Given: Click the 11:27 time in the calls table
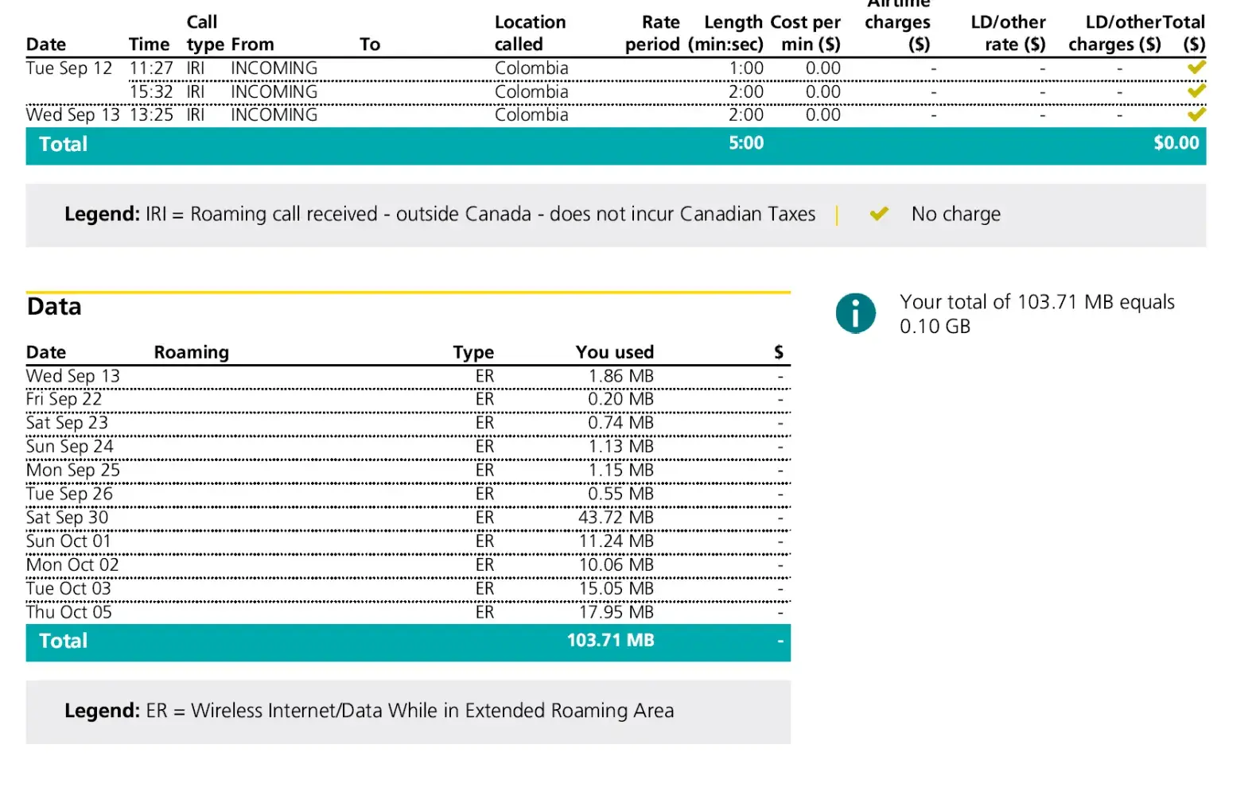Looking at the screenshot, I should point(151,68).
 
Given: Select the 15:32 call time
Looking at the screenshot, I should point(151,92).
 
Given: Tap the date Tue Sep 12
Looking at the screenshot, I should point(69,68).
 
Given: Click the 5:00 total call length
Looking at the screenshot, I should point(745,143).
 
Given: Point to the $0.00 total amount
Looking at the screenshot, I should point(1176,143).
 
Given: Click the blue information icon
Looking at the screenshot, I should point(855,313).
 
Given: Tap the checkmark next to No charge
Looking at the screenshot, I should point(878,214).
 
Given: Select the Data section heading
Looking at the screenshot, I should point(54,307).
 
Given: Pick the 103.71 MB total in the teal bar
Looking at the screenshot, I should point(610,641).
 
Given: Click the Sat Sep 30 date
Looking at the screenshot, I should point(67,518).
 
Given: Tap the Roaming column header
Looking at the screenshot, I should point(191,352).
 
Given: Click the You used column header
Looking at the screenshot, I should point(614,352).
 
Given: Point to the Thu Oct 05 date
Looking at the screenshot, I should point(69,612).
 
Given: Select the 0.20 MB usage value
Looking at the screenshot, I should point(620,399).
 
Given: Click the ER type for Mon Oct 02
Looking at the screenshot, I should point(484,565).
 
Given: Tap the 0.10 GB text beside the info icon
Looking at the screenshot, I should point(935,327).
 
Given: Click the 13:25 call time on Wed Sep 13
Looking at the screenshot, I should point(151,115).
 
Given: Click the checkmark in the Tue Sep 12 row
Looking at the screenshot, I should point(1196,68).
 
